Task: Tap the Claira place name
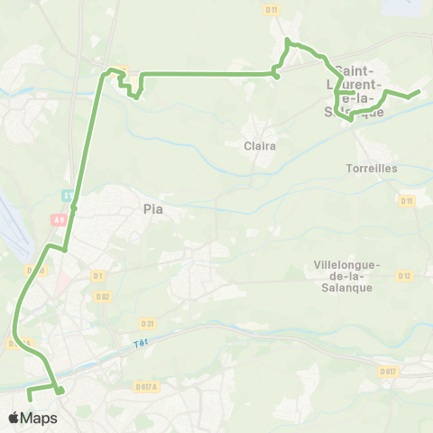click(260, 145)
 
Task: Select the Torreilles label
click(372, 168)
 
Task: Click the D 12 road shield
click(403, 275)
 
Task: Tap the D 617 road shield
click(388, 371)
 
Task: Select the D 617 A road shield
click(146, 387)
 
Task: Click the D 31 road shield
click(146, 323)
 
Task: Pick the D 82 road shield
click(104, 296)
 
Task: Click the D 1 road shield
click(98, 275)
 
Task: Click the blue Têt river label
click(138, 342)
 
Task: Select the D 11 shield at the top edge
click(272, 9)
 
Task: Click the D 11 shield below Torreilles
click(406, 200)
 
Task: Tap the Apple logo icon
click(14, 419)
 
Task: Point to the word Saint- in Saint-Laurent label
click(355, 69)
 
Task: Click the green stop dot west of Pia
click(74, 208)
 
